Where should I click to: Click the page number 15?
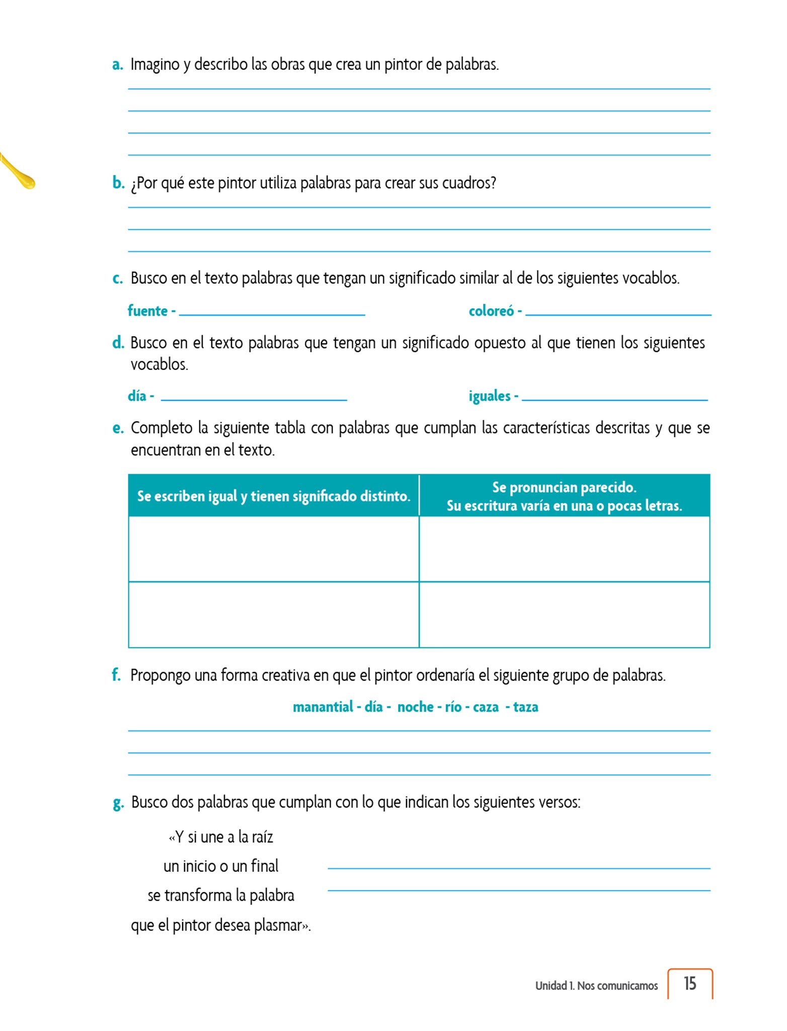point(689,984)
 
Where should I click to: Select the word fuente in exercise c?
point(147,311)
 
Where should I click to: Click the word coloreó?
point(491,311)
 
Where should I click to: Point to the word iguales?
point(490,396)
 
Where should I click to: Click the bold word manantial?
point(323,707)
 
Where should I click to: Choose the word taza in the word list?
point(525,707)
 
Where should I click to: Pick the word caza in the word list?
point(486,707)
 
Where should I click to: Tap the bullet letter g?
point(118,803)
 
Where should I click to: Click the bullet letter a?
point(117,65)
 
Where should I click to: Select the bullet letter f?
point(116,675)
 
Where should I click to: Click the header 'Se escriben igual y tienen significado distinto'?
point(273,496)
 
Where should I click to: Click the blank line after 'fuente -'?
point(272,314)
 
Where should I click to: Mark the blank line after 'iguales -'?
point(614,399)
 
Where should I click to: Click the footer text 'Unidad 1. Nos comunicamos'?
point(596,986)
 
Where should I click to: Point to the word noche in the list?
point(415,707)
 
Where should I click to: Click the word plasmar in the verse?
point(279,925)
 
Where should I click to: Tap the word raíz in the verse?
point(262,837)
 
